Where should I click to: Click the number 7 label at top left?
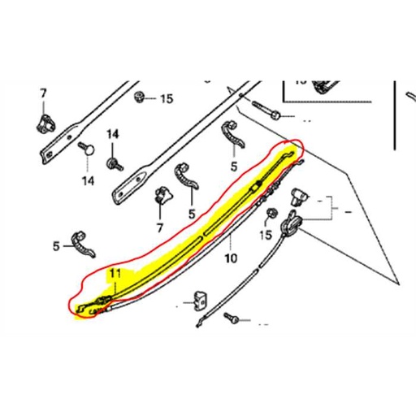point(42,94)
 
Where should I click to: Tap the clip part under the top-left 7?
point(45,122)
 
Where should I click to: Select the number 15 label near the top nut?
point(166,99)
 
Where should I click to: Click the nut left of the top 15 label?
point(141,97)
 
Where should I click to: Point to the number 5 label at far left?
point(57,245)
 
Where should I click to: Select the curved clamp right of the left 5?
point(85,242)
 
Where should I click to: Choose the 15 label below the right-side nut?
point(265,236)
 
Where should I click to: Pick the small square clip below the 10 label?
point(197,302)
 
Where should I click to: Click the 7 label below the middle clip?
point(160,227)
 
